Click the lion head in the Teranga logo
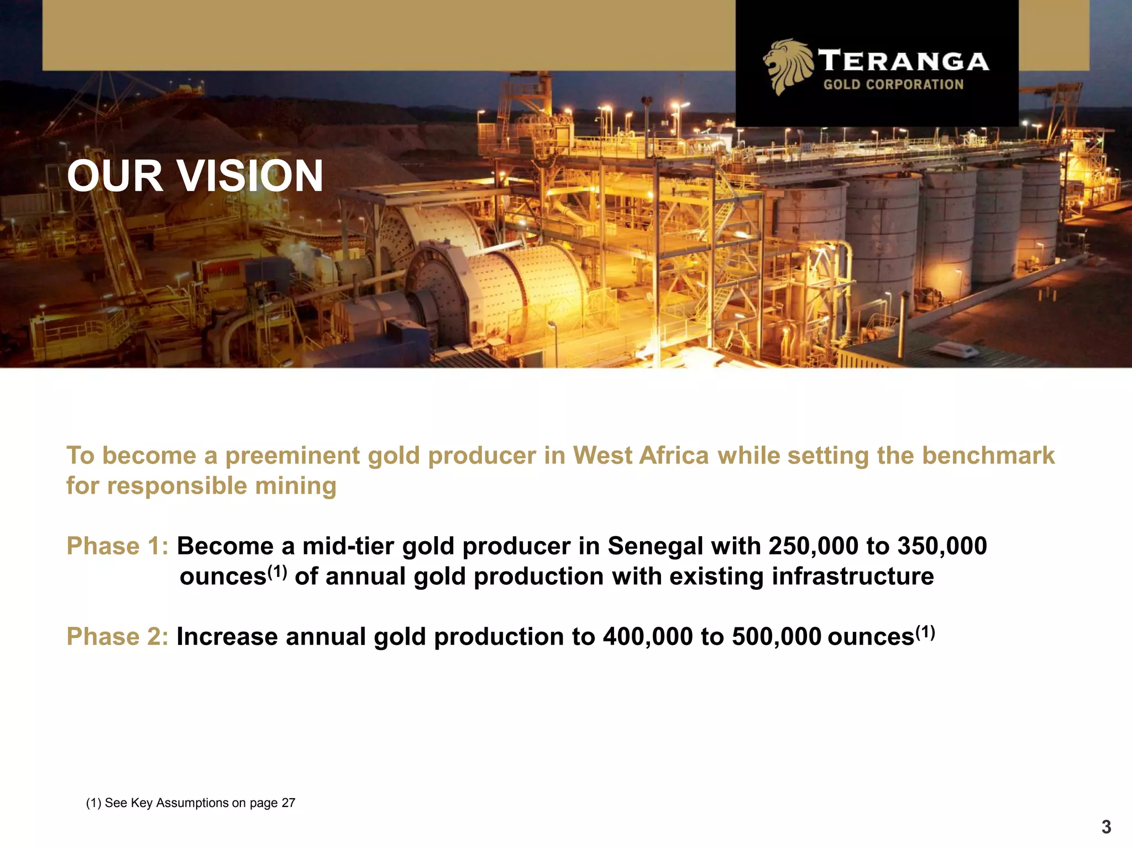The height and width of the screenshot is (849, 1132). tap(788, 66)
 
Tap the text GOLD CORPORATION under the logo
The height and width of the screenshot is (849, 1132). tap(893, 85)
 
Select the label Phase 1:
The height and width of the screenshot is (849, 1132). tap(117, 546)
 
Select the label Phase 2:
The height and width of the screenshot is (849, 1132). tap(117, 637)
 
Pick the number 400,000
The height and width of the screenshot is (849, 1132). tap(647, 637)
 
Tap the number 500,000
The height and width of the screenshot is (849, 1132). tap(776, 637)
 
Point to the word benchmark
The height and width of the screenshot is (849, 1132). tap(988, 456)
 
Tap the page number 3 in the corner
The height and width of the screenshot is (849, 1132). tap(1106, 827)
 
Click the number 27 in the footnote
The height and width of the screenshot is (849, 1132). tap(289, 803)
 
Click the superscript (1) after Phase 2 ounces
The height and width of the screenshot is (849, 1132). tap(925, 631)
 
